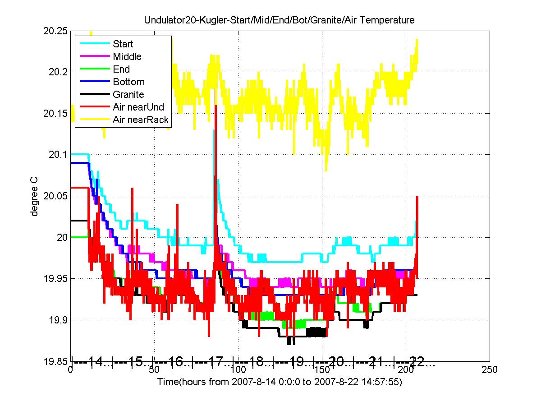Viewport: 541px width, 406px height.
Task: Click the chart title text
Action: click(x=279, y=20)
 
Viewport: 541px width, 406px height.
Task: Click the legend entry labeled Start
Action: click(x=123, y=44)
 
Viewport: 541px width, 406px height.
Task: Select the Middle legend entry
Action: click(x=127, y=56)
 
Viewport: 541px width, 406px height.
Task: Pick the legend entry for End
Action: click(x=121, y=69)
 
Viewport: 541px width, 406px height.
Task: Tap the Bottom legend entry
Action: click(x=128, y=82)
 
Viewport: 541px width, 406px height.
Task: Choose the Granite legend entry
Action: click(x=128, y=94)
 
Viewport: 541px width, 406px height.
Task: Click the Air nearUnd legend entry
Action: click(x=138, y=107)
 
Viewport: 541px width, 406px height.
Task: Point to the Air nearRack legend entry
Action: click(x=141, y=120)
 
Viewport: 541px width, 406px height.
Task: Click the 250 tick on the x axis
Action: click(x=490, y=370)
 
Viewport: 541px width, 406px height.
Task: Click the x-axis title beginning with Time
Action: click(x=280, y=382)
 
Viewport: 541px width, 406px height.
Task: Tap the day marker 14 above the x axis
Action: click(x=95, y=362)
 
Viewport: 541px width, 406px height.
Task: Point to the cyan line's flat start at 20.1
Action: click(x=79, y=154)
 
